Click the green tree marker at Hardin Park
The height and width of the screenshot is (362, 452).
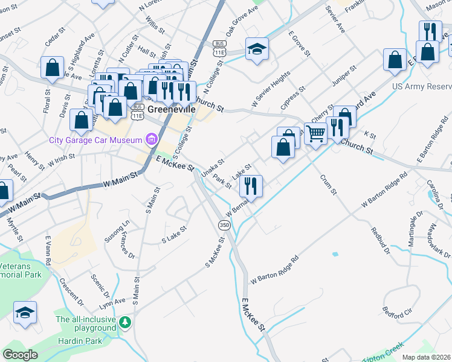tap(125, 322)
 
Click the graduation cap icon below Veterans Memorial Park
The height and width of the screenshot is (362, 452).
tap(25, 313)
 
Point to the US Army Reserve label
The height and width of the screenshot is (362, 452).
tap(421, 86)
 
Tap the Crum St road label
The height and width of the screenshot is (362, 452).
tap(329, 184)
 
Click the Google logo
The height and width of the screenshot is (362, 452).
tap(20, 355)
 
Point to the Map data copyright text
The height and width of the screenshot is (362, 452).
tap(427, 357)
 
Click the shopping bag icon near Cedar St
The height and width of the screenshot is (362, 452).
tap(52, 66)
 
